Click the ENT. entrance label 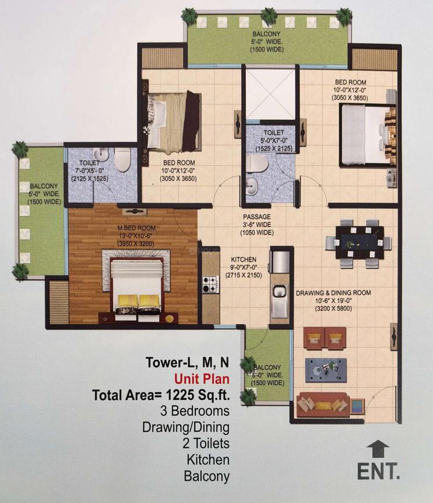(x=378, y=471)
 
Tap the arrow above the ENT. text (x=378, y=447)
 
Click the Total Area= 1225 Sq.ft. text (x=161, y=395)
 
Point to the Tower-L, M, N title (x=187, y=364)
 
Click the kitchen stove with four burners (x=209, y=284)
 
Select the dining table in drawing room (x=359, y=242)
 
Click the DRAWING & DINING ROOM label (x=334, y=292)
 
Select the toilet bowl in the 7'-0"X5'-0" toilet (x=122, y=160)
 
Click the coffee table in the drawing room (x=326, y=368)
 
